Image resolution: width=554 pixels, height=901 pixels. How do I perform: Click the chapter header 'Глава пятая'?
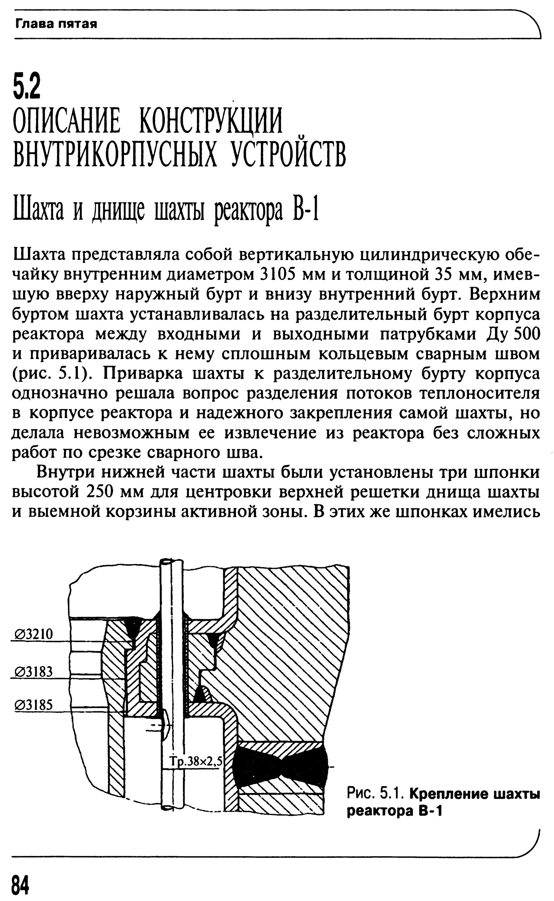pos(56,25)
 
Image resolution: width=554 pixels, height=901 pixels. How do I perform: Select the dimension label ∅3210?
pos(34,634)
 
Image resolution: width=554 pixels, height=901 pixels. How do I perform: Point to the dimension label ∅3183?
pos(34,672)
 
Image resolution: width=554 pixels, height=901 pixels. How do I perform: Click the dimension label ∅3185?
pos(34,705)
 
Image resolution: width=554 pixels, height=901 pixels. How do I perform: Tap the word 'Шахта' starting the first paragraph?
pos(39,255)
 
